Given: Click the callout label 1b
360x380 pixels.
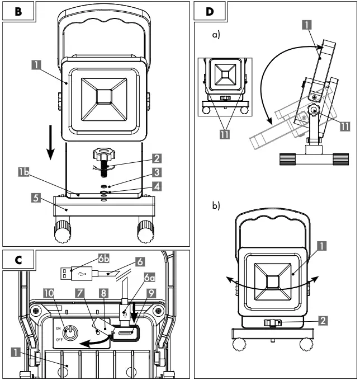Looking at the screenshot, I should click(x=23, y=175).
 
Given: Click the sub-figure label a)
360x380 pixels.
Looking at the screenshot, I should click(x=216, y=35).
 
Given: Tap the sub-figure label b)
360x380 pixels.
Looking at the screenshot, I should click(x=216, y=205).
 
